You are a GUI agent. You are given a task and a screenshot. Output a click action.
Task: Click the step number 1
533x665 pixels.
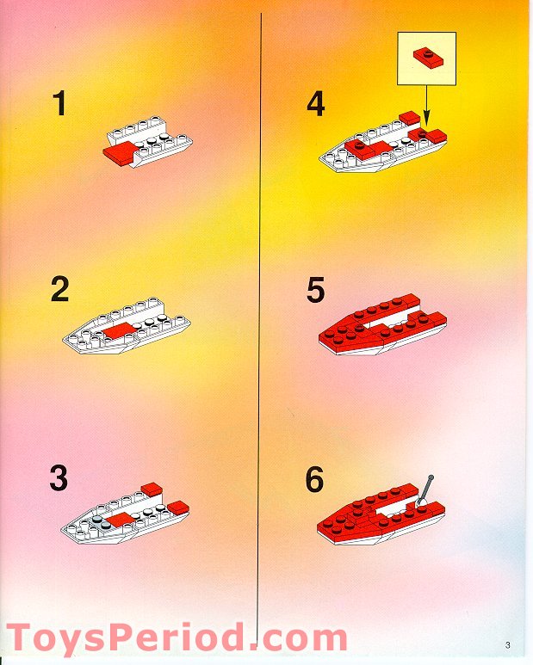(x=59, y=104)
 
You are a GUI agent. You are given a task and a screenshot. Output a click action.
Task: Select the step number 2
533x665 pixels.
(x=59, y=290)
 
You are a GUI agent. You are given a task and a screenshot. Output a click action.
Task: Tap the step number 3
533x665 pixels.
(x=59, y=478)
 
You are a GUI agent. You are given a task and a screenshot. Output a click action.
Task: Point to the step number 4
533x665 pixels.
(x=316, y=104)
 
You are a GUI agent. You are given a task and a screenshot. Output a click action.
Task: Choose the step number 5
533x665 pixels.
(x=316, y=290)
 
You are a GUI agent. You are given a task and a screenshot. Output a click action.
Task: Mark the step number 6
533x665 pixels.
(x=316, y=478)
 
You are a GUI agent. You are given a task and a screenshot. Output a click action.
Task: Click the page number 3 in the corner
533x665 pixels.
(x=508, y=646)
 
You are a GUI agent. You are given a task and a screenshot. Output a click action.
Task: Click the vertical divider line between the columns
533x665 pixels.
(x=261, y=344)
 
